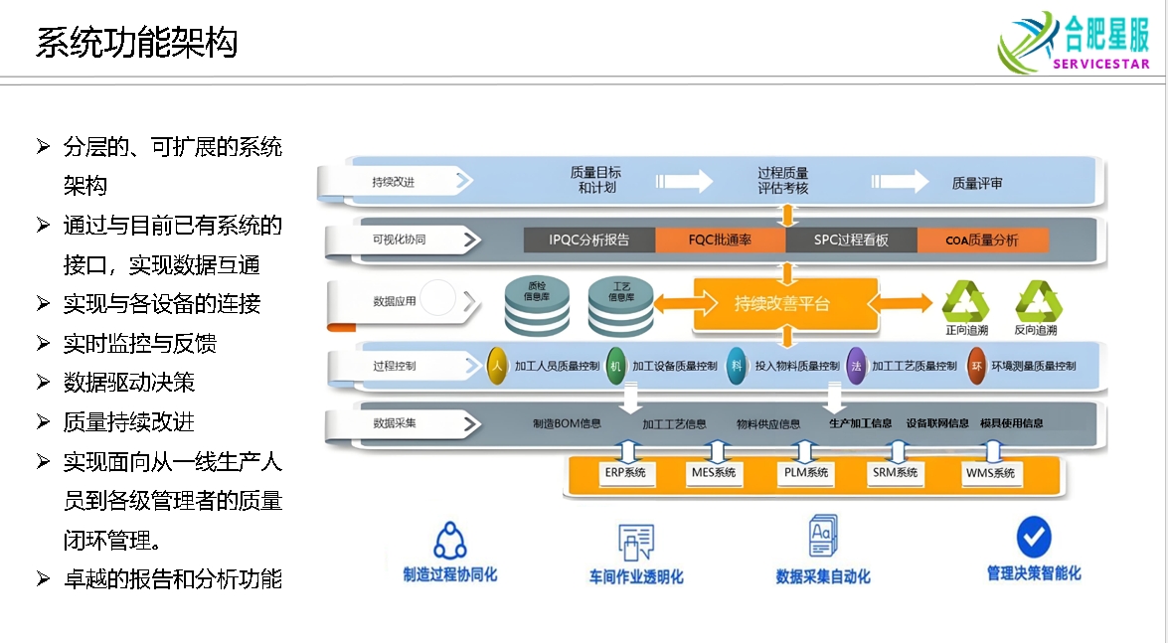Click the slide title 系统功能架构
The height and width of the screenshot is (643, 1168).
tap(136, 43)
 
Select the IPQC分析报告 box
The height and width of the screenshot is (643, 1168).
tap(589, 240)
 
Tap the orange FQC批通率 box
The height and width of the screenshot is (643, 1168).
tap(720, 240)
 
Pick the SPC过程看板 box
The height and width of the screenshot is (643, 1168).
tap(851, 240)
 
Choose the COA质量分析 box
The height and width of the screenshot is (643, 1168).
tap(981, 240)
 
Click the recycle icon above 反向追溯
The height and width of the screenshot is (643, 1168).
tap(1037, 301)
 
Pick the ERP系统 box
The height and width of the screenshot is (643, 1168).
tap(625, 473)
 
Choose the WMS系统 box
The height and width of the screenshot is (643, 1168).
tap(990, 473)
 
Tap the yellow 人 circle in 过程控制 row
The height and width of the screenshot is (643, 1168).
tap(498, 366)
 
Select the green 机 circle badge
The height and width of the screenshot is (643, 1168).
tap(616, 366)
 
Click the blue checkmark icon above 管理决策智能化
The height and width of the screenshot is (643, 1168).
tap(1034, 537)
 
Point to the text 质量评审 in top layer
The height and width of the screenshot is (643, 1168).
tap(977, 183)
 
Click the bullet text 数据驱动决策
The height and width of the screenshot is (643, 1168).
tap(129, 383)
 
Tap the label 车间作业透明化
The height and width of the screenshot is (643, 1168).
tap(636, 576)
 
